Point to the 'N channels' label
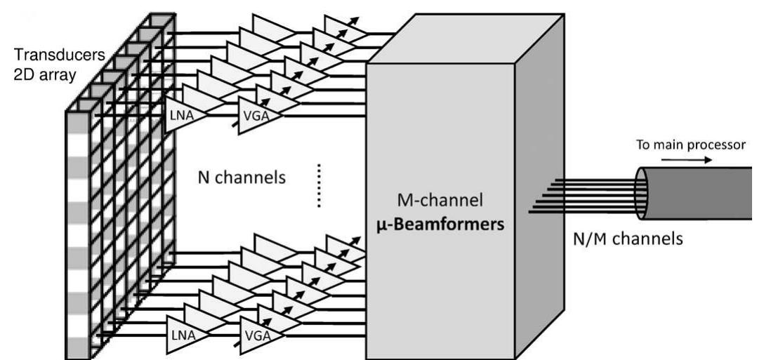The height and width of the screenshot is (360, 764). (240, 178)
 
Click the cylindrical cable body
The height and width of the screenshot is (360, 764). (709, 192)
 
